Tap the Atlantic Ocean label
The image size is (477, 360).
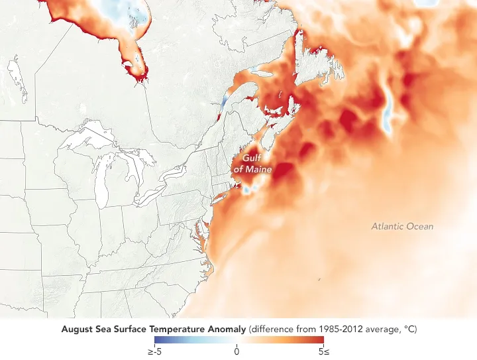coord(401,227)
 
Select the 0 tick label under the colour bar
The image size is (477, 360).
coord(237,351)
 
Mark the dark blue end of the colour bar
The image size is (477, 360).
coord(156,340)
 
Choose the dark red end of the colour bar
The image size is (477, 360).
coord(321,340)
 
